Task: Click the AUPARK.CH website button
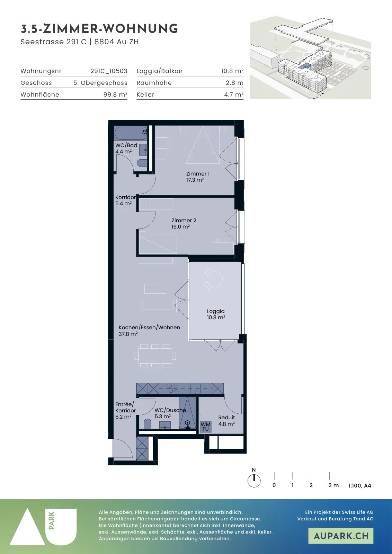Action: coord(341,536)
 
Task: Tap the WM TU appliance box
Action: coord(205,427)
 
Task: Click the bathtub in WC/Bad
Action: coord(131,134)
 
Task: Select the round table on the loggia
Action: coord(214,279)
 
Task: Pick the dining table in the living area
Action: coord(155,356)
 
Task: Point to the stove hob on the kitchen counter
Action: coord(173,388)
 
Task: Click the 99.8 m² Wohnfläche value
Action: coord(115,95)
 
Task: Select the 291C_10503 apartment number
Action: coord(109,71)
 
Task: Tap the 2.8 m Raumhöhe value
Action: coord(234,83)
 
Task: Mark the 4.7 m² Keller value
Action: coord(234,95)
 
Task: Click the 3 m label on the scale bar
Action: coord(333,485)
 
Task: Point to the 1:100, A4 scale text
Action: coord(360,485)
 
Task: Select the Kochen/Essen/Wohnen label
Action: coord(149,328)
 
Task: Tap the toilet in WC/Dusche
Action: coord(148,424)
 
